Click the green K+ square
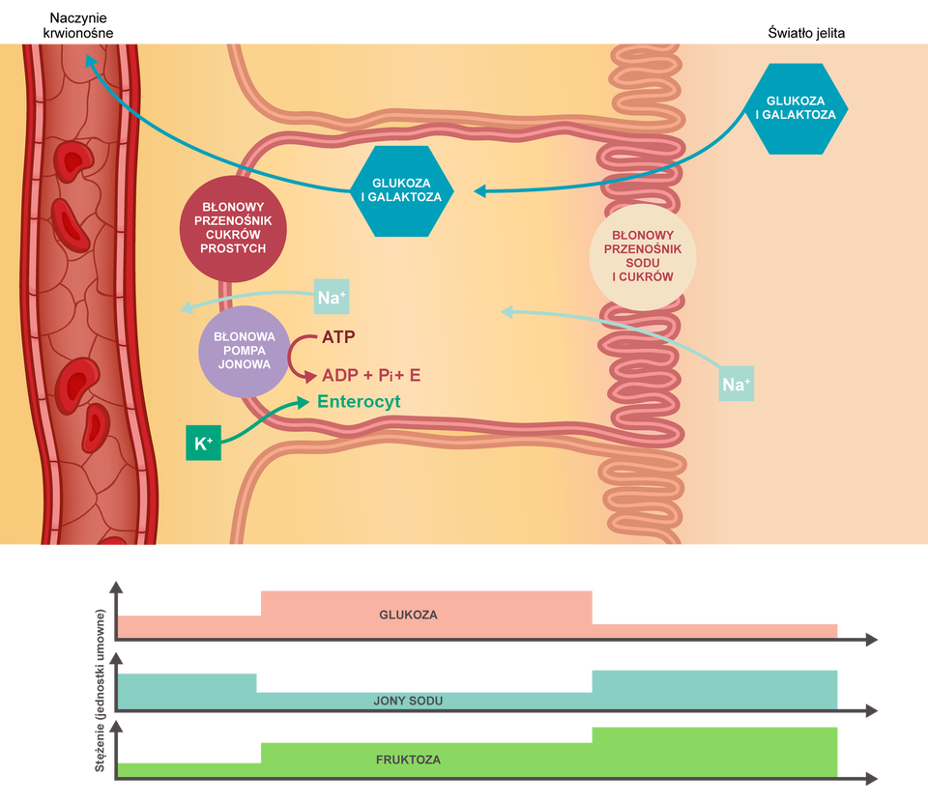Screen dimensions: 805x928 click(203, 444)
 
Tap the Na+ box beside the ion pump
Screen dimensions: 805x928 click(332, 298)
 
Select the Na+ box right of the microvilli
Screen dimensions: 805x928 click(736, 386)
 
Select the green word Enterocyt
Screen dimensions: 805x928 click(359, 401)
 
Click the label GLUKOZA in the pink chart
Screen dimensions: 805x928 click(408, 615)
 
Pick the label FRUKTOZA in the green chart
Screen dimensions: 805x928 click(408, 760)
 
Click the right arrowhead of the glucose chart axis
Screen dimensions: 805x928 click(872, 639)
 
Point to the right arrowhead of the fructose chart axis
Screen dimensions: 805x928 click(872, 777)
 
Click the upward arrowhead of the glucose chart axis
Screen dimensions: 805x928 click(117, 587)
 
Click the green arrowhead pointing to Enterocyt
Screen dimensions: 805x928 click(304, 400)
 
